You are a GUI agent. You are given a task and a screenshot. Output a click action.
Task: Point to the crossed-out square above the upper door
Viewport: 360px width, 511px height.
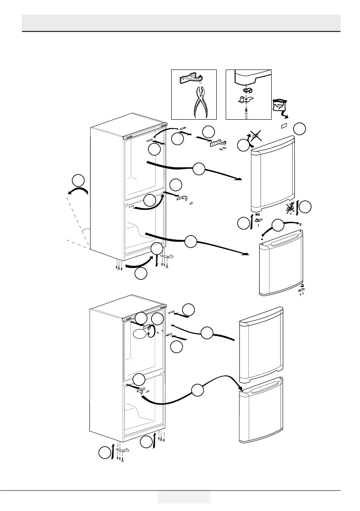click(257, 137)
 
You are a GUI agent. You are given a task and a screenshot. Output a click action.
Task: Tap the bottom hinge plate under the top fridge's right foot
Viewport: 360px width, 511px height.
click(168, 257)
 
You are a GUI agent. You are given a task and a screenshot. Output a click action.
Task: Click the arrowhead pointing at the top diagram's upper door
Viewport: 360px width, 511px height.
click(239, 179)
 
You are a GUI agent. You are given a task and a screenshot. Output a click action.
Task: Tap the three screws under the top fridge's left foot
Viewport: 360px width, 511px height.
click(118, 266)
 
